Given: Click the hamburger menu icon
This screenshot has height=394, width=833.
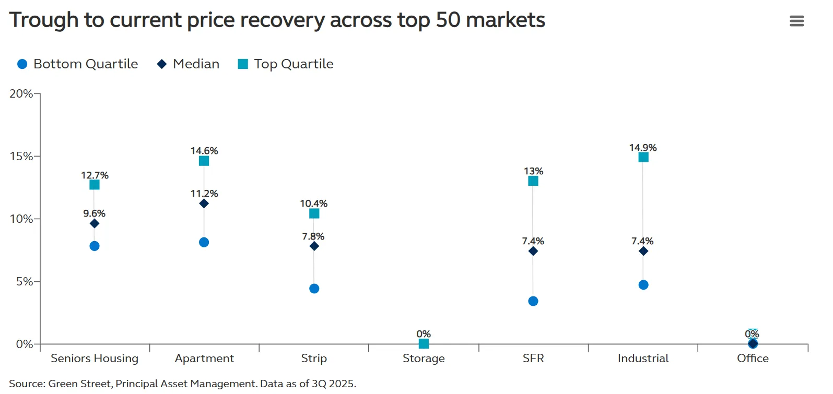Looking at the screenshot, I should point(796,21).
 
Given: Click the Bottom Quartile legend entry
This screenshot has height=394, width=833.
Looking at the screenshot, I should point(78,64).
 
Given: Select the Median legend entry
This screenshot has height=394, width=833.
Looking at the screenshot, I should point(189,64).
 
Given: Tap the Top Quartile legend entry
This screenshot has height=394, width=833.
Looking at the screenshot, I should point(286,64).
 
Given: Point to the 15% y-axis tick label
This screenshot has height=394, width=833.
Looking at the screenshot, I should point(21,156).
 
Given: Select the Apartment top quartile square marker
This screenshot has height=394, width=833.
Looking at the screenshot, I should point(204,161).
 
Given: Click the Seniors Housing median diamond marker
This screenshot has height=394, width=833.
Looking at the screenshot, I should point(95,223).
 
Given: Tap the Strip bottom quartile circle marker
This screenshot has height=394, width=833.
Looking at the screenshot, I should point(314,289).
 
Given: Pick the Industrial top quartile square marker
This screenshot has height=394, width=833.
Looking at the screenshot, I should point(643,157).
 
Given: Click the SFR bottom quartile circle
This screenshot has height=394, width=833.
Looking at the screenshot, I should point(533,301).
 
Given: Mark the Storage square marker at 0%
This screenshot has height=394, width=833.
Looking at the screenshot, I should point(424,343).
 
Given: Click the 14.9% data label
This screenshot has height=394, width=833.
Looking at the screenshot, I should point(643,148).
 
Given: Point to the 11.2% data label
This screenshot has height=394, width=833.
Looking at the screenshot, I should point(204,194).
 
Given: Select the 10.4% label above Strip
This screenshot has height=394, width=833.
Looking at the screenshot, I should point(314,204).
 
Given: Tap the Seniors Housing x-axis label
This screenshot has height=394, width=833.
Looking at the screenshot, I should point(95,358).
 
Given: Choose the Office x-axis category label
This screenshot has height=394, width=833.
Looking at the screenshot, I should point(753,358).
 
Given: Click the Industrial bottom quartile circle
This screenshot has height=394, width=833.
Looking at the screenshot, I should point(643,285).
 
